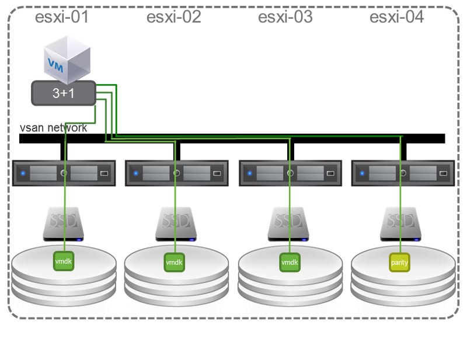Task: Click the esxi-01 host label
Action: click(x=62, y=18)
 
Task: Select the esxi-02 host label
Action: click(x=173, y=18)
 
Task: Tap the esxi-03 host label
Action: click(x=285, y=18)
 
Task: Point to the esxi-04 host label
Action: click(x=397, y=18)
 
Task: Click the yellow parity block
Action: click(x=400, y=263)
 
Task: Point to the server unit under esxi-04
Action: click(x=402, y=173)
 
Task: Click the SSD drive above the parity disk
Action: click(x=401, y=225)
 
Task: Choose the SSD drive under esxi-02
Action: click(x=176, y=225)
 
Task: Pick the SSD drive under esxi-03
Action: click(x=290, y=225)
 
